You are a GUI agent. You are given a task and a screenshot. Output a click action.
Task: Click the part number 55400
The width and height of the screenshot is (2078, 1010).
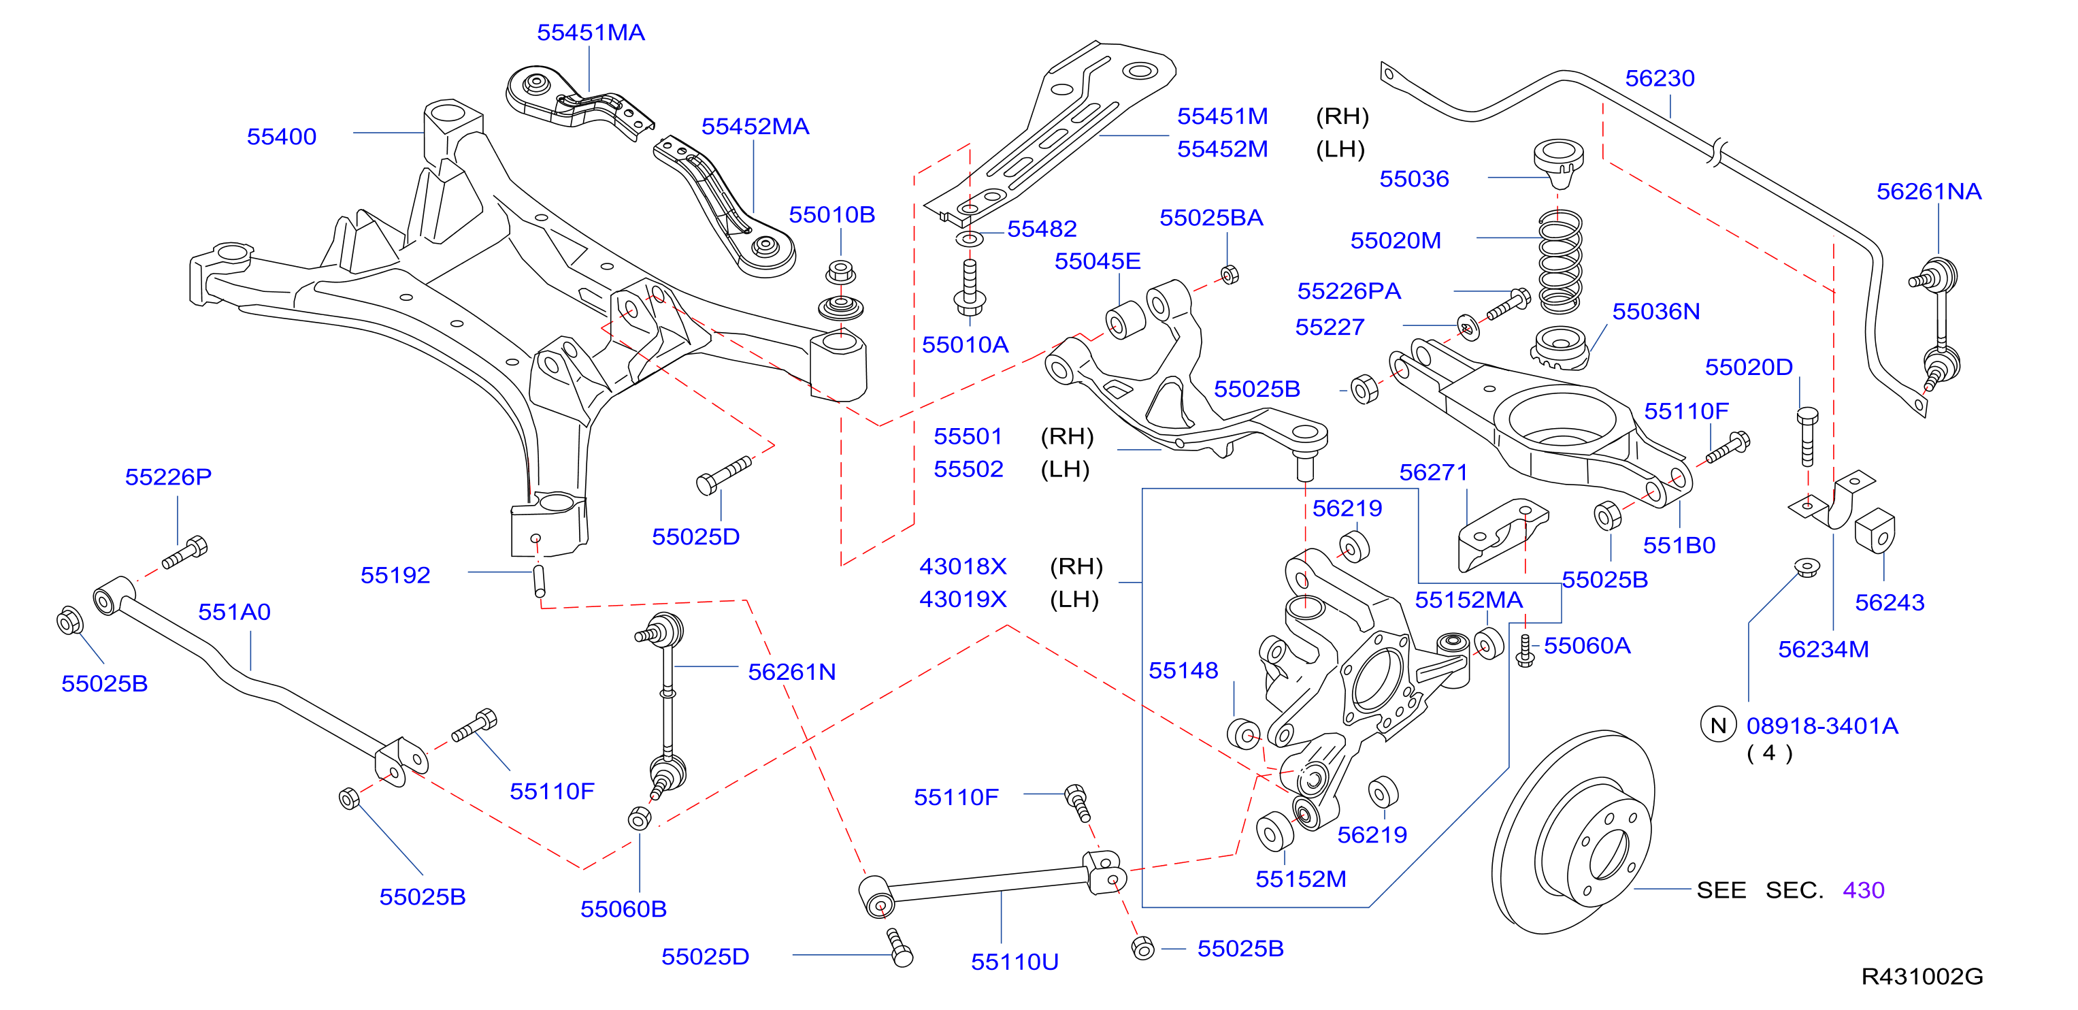tap(282, 136)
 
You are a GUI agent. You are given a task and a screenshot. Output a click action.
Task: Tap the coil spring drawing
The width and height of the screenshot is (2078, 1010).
tap(1560, 261)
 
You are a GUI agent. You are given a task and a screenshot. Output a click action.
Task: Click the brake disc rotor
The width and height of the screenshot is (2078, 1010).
tap(1573, 832)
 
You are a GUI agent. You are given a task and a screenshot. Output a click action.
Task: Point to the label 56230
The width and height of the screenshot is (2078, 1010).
tap(1660, 78)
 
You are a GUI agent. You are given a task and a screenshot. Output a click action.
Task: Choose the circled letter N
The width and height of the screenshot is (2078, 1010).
tap(1717, 726)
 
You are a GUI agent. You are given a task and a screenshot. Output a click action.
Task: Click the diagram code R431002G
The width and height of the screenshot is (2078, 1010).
tap(1922, 976)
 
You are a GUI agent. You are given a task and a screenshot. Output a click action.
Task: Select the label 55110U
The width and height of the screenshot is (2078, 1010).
tap(1014, 962)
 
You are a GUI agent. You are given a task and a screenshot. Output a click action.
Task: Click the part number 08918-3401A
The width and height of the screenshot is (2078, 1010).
tap(1821, 726)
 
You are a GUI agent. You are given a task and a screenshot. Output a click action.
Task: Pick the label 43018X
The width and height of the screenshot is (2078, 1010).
tap(963, 566)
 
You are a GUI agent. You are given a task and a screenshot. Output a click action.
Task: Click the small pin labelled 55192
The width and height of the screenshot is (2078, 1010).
tap(540, 580)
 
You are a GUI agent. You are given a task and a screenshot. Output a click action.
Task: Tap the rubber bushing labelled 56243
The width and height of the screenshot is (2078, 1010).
tap(1875, 531)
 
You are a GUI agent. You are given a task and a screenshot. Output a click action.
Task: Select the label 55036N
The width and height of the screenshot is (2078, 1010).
tap(1655, 312)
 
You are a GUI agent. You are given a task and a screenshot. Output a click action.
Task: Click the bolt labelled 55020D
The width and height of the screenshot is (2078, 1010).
tap(1807, 436)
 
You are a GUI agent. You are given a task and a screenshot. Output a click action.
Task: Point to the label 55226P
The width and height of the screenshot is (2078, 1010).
tap(168, 477)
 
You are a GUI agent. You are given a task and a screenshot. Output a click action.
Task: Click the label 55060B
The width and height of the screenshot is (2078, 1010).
tap(623, 909)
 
